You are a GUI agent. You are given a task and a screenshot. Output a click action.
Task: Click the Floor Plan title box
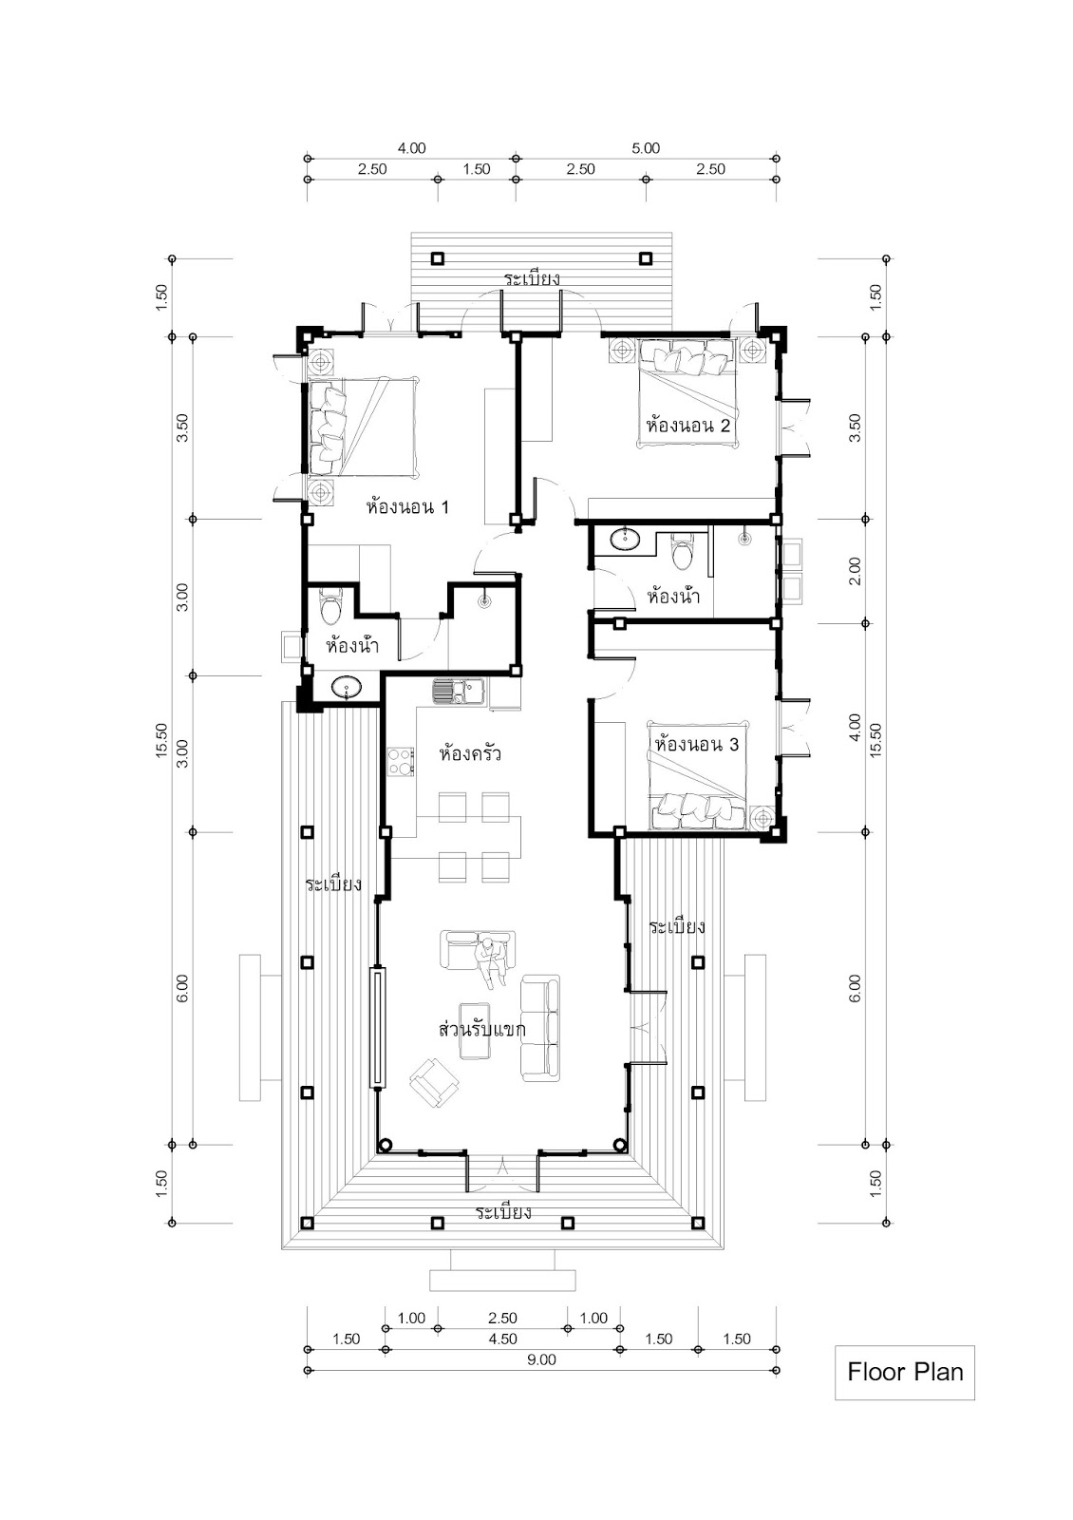pos(904,1372)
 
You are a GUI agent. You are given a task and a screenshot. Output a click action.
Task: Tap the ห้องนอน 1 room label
pos(407,507)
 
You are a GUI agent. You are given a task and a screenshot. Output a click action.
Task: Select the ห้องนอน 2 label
pos(688,427)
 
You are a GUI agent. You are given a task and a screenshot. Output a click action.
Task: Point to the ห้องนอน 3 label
pos(697,745)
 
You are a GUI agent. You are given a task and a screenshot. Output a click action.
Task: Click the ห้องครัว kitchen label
pos(470,754)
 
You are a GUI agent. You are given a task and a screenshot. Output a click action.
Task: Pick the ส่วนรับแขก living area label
pos(482,1030)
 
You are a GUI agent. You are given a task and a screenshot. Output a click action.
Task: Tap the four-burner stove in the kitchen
pos(401,761)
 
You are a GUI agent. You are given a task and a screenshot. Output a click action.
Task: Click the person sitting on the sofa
pos(490,961)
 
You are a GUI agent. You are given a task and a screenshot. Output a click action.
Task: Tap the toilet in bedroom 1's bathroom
pos(331,608)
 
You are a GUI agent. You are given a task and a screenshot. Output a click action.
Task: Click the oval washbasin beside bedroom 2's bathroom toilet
pos(625,540)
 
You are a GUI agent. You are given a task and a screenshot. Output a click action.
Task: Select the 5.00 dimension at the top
pos(646,148)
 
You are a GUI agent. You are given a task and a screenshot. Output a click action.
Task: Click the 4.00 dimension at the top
pos(412,148)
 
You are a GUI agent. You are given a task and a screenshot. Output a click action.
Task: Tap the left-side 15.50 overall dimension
pos(161,740)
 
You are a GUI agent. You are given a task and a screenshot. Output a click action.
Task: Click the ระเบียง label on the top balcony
pos(532,279)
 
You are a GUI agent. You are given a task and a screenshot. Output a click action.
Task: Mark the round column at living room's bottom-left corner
pos(385,1145)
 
